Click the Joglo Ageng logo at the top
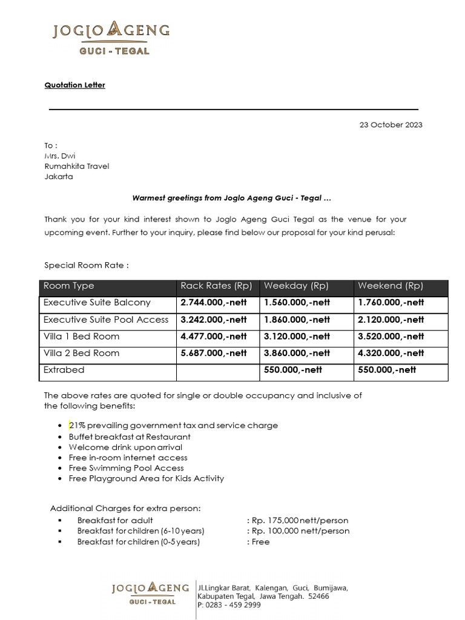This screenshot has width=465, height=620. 111,38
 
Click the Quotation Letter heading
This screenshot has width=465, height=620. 74,85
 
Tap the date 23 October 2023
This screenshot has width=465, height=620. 391,125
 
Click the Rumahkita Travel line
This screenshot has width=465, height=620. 76,166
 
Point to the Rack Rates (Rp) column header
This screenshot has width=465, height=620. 216,286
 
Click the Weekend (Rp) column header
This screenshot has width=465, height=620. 391,286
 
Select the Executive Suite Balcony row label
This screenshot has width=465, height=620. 97,303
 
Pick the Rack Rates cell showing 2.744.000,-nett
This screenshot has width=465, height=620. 214,303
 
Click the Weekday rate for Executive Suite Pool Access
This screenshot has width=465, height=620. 297,320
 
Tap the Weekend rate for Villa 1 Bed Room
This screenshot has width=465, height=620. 391,337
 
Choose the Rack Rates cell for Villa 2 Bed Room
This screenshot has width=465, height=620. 214,353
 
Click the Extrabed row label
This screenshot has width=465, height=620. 64,370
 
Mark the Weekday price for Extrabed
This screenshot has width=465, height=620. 297,370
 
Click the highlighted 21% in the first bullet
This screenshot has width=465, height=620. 76,426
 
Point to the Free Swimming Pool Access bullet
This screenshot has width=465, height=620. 126,468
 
